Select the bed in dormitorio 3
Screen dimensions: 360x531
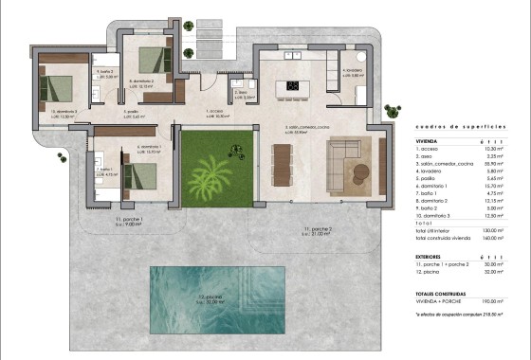point(59,88)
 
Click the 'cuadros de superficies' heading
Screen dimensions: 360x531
point(449,125)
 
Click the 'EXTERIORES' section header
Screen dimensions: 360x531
point(432,255)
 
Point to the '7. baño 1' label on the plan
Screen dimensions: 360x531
point(103,171)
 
